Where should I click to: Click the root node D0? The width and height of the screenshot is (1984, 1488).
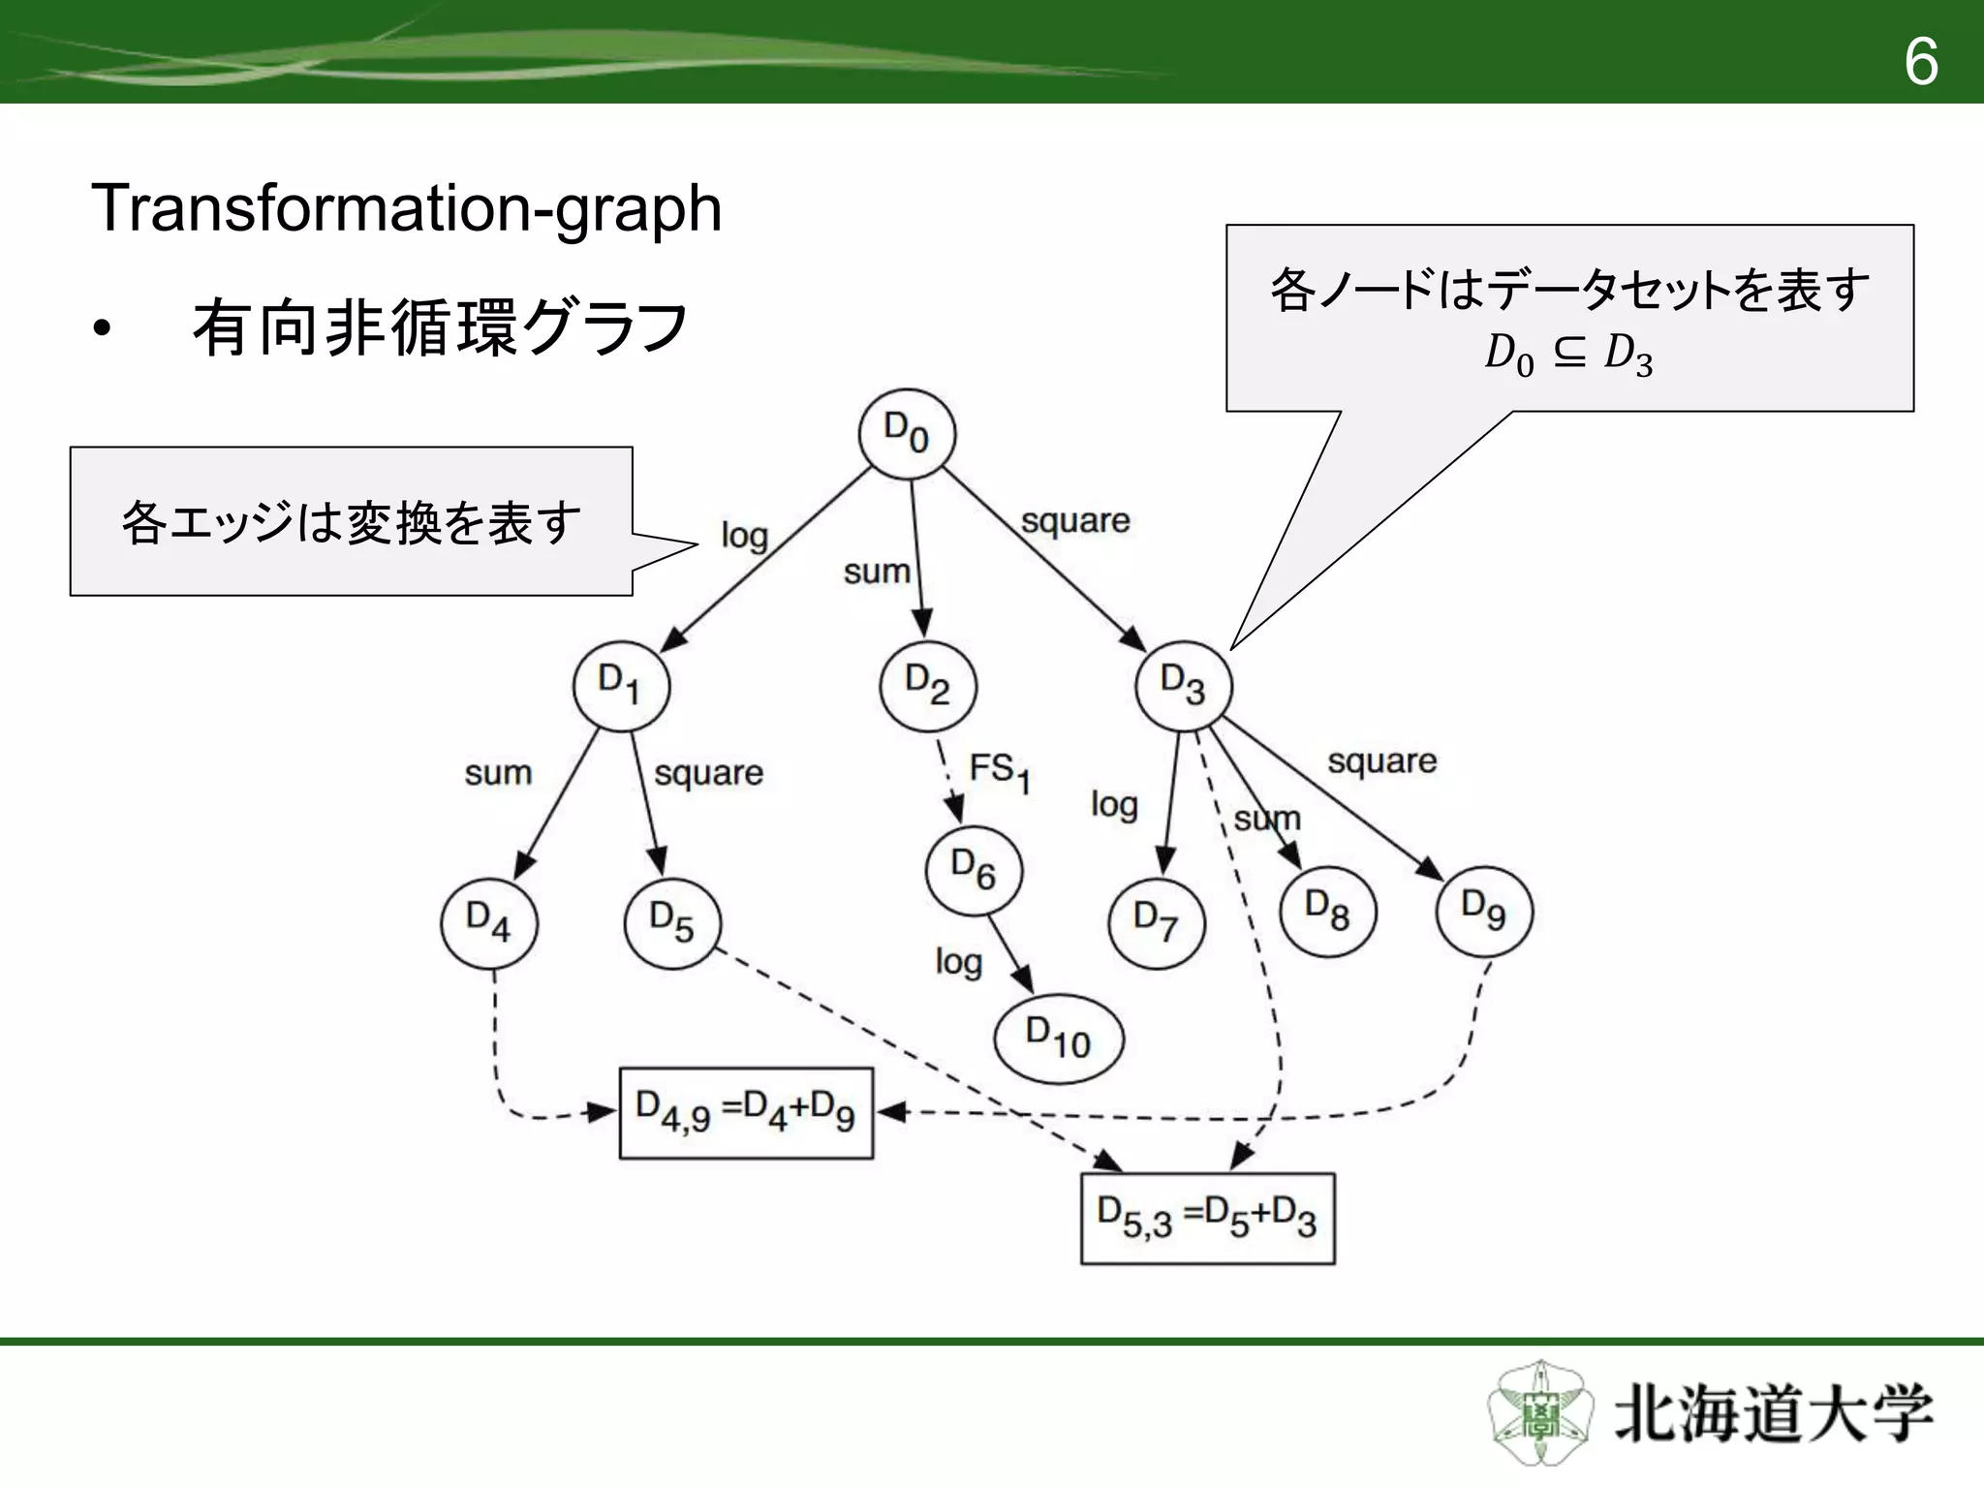[907, 433]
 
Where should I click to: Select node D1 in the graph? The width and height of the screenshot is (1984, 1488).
[621, 685]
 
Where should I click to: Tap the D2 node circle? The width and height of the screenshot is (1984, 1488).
[928, 685]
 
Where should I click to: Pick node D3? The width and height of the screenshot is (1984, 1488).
[1183, 686]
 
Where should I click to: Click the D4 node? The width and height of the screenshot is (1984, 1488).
[489, 922]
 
